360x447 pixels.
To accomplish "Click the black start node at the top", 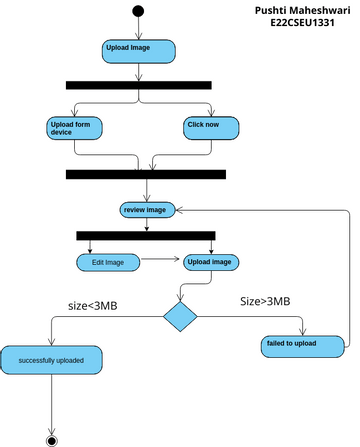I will click(137, 11).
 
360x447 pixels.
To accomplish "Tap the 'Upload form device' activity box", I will click(75, 127).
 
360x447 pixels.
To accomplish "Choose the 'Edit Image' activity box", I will click(107, 262).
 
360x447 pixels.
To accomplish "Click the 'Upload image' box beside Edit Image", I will click(210, 262).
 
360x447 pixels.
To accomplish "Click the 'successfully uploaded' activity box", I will click(51, 359).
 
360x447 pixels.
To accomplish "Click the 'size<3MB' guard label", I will click(92, 305).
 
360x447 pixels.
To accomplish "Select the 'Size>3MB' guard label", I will click(265, 300).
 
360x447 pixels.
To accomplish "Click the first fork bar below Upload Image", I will click(138, 85).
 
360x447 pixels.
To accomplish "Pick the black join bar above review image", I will click(146, 174).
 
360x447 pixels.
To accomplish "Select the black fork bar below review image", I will click(146, 236).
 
